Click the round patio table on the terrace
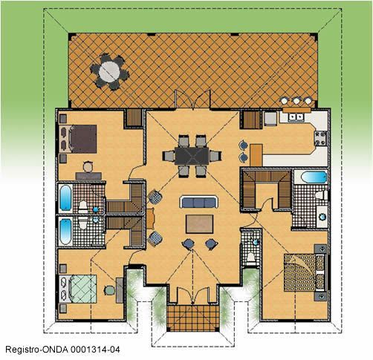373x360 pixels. coord(109,72)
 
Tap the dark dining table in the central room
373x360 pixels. coord(192,156)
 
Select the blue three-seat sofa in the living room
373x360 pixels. coord(199,202)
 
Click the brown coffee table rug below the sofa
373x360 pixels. coord(199,224)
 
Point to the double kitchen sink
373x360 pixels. coord(296,117)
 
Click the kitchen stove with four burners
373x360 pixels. coord(320,139)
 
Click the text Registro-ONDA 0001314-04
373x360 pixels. coord(63,350)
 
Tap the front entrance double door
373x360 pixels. coord(192,295)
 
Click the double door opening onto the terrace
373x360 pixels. coord(192,99)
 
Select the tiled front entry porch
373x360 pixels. coord(192,318)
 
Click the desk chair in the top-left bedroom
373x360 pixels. coord(88,166)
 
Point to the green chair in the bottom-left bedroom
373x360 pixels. coord(109,290)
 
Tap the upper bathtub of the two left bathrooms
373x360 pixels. coord(65,198)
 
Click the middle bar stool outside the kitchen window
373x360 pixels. coord(296,101)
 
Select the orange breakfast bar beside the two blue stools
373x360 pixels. coord(256,155)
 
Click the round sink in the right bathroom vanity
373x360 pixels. coord(322,217)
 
